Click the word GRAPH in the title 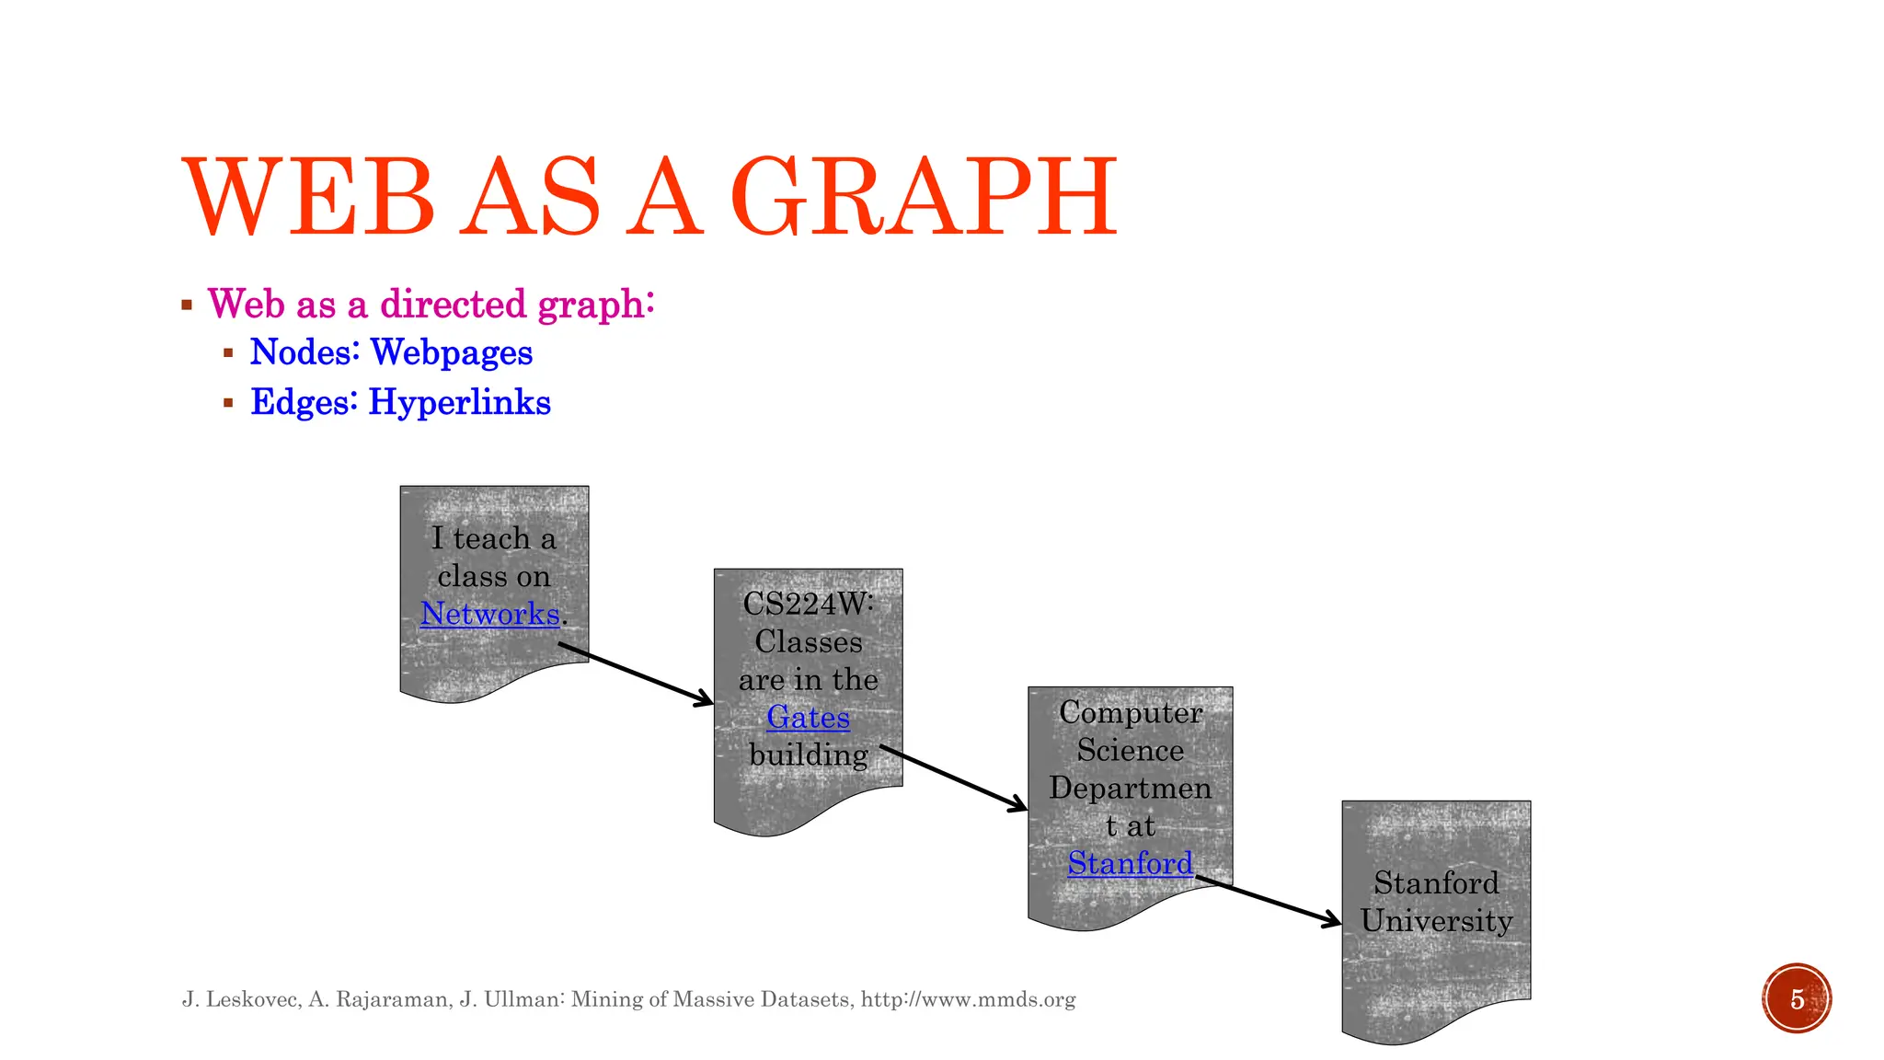(924, 197)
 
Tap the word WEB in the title (308, 197)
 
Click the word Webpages (451, 352)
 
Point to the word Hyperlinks (459, 402)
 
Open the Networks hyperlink (489, 614)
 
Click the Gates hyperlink (808, 717)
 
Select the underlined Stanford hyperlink (1130, 863)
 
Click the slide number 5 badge (1797, 998)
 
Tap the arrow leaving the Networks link (636, 674)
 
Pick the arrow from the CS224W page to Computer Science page (953, 778)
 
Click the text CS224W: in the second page (808, 604)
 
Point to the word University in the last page (1436, 921)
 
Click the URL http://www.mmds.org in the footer (968, 999)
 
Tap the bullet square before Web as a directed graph (187, 305)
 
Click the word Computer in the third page (1130, 712)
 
